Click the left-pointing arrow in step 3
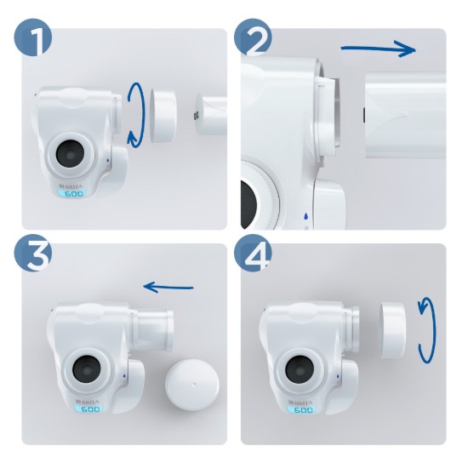point(168,287)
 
